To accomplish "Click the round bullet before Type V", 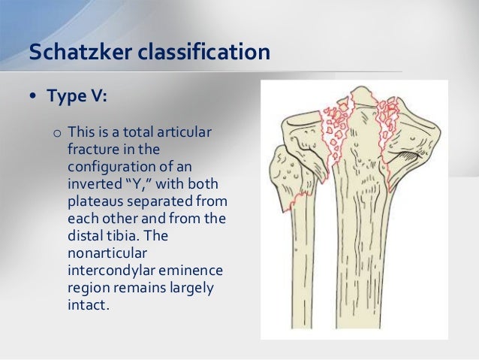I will pyautogui.click(x=35, y=98).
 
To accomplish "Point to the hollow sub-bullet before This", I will pyautogui.click(x=57, y=135).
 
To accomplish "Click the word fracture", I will pyautogui.click(x=93, y=150).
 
